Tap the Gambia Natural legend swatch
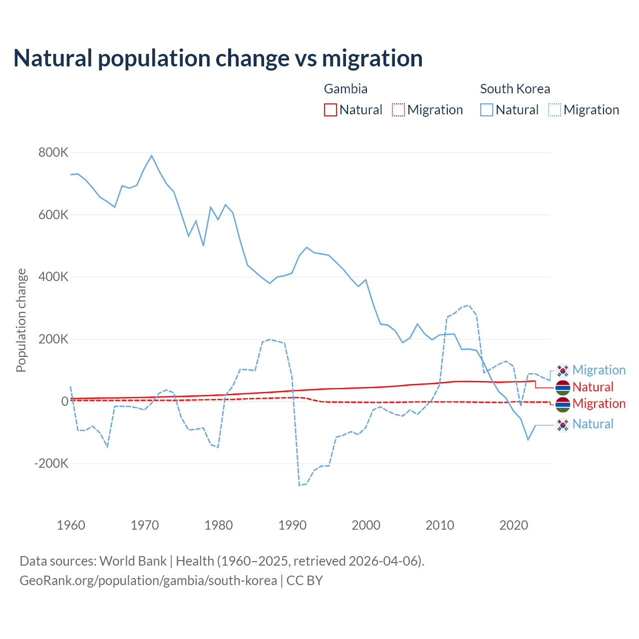coord(330,110)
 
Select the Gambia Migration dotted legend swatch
coord(398,110)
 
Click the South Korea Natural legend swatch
coord(487,110)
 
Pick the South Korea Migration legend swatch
coord(555,110)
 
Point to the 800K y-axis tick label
coord(53,153)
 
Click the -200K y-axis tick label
coord(51,464)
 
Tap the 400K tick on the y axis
coord(53,277)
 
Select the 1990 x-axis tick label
coord(293,525)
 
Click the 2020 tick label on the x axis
coord(514,525)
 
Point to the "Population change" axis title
coord(21,320)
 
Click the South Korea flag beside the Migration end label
coord(563,370)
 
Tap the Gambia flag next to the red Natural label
coord(563,387)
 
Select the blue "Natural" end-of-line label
coord(593,424)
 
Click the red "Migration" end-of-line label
coord(599,404)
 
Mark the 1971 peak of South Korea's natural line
coord(152,156)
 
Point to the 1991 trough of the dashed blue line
coord(300,485)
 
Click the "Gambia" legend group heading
coord(345,89)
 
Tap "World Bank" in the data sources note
coord(133,561)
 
